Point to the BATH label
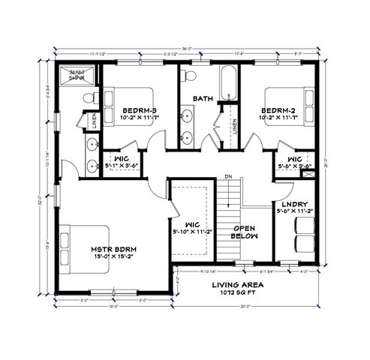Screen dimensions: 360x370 (203, 98)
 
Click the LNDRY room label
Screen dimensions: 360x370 (292, 204)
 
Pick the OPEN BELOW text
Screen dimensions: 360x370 (245, 231)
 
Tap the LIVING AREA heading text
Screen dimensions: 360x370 (236, 285)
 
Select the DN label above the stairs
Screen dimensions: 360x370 (227, 177)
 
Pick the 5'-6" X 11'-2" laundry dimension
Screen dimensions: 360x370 (292, 212)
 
